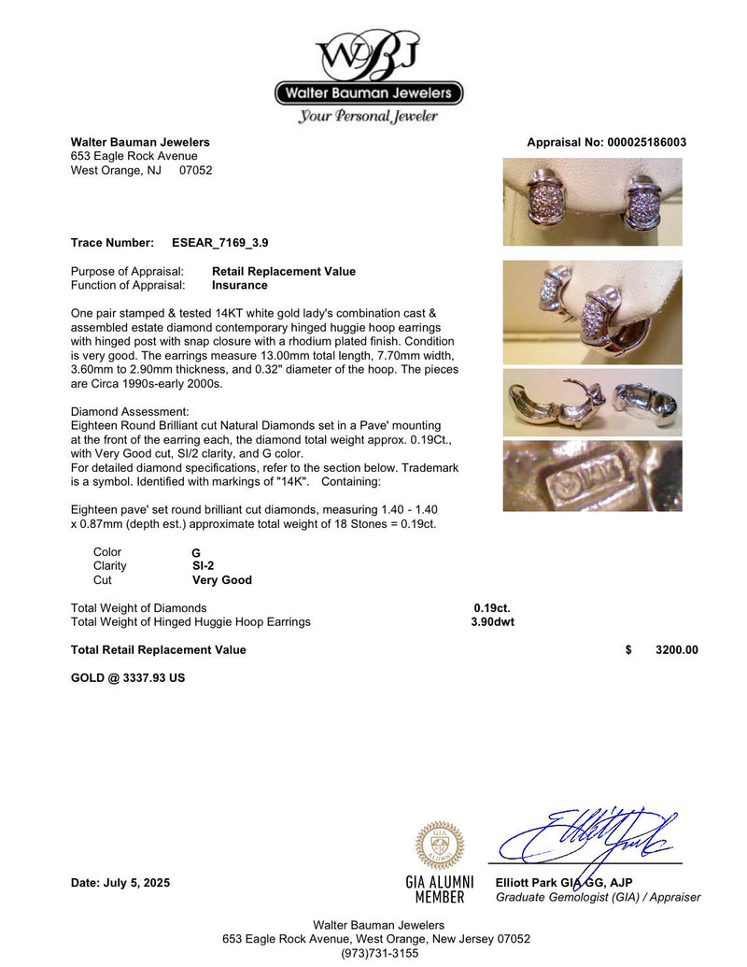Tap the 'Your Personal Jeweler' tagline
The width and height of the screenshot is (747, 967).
coord(368,117)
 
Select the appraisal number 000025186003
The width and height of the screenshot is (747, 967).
coord(645,143)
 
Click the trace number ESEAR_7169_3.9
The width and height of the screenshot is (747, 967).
coord(220,243)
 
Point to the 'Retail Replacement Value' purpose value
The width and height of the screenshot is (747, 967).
coord(284,272)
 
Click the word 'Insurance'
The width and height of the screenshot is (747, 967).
coord(240,286)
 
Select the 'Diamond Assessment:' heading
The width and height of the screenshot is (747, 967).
coord(130,412)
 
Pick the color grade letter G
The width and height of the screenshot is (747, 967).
coord(196,553)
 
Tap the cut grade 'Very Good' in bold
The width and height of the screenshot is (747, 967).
coord(222,580)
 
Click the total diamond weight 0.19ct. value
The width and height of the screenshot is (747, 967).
coord(492,608)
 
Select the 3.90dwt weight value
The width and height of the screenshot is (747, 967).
coord(492,622)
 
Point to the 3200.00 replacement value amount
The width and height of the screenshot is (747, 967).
coord(676,650)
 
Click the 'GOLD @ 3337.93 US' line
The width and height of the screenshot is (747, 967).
coord(128,678)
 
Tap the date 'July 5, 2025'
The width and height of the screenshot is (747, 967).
coord(138,883)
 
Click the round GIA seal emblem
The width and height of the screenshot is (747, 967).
coord(439,846)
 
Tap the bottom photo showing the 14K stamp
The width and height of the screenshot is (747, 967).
coord(592,476)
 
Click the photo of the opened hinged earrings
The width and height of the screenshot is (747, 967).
coord(592,403)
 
